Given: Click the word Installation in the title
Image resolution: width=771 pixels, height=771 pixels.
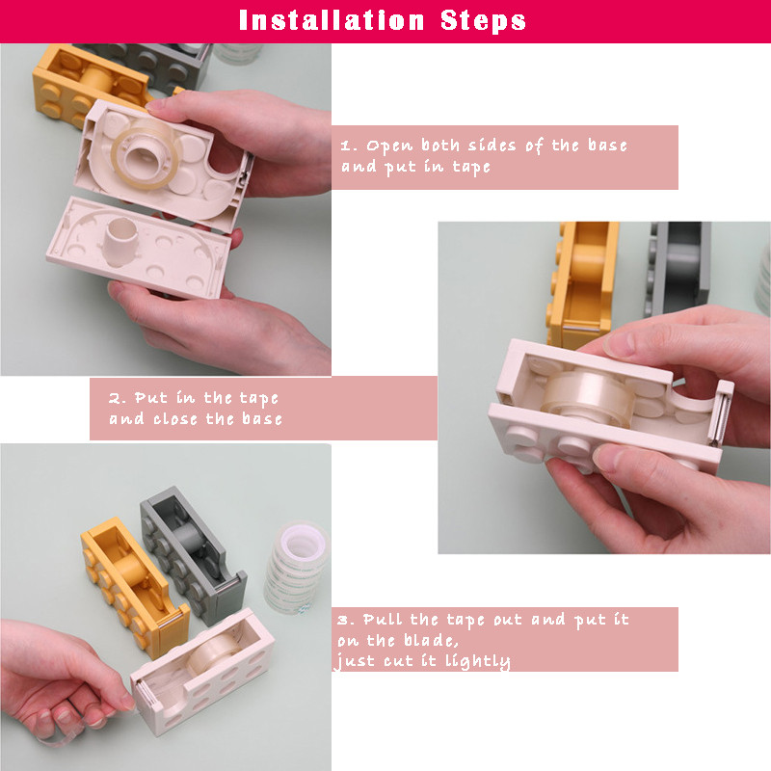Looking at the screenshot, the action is coord(332,20).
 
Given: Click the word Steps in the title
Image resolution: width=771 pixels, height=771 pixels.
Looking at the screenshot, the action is coord(483,20).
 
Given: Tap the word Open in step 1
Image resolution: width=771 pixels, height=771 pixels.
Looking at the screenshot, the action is coord(389,146).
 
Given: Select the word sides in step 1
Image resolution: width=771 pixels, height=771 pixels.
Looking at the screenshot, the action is coord(492,146).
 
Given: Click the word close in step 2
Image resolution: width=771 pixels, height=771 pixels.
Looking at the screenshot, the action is coord(175,419).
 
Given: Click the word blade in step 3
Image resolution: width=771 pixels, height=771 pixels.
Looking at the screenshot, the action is coord(431,640).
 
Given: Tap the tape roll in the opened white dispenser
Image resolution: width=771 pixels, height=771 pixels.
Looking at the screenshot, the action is coord(146,153).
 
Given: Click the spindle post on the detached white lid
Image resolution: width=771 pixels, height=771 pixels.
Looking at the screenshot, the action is coord(120,240).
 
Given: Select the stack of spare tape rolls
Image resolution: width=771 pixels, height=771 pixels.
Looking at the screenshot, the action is coord(296,567).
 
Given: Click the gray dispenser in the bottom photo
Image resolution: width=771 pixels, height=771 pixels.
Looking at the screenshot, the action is coord(194,556).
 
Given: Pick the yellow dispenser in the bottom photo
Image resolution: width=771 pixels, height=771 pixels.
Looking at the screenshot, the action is coord(134,588).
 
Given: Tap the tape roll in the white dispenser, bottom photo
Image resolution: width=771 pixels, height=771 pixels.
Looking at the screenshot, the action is coord(214,652).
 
